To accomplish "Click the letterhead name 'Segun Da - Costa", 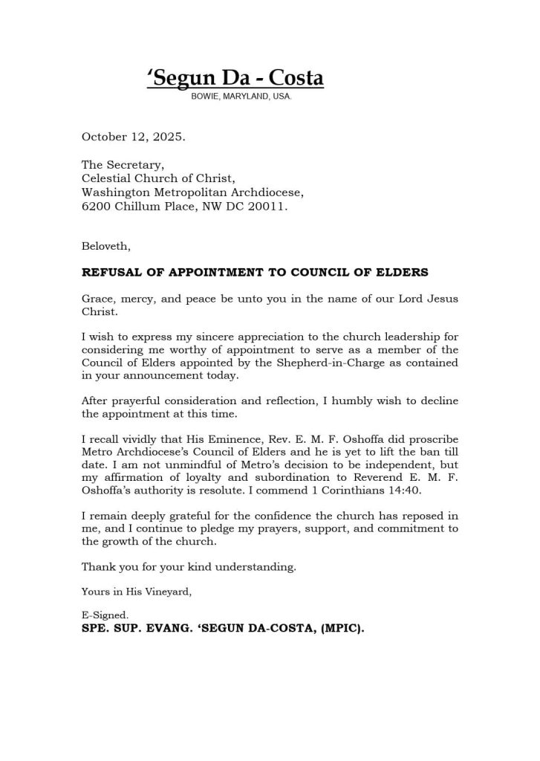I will pos(235,78).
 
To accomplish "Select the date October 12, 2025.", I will pos(133,137).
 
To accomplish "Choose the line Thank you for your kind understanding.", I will pos(189,567).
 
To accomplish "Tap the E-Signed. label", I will pos(105,615).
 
